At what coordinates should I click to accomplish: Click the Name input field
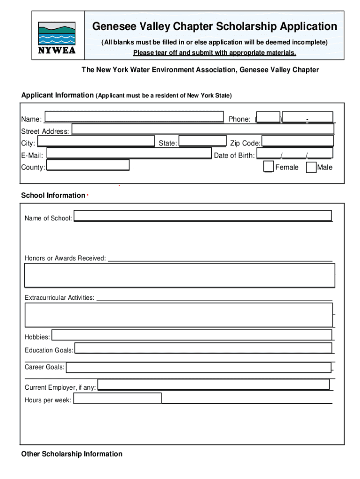pyautogui.click(x=134, y=117)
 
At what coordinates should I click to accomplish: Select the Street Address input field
pyautogui.click(x=203, y=130)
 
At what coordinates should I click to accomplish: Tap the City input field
pyautogui.click(x=95, y=141)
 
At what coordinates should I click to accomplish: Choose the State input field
pyautogui.click(x=202, y=141)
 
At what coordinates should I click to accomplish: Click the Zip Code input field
pyautogui.click(x=297, y=141)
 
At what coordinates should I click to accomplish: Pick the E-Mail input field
pyautogui.click(x=129, y=153)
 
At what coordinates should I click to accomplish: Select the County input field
pyautogui.click(x=88, y=165)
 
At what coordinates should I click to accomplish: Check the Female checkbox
pyautogui.click(x=268, y=167)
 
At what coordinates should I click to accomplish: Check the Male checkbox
pyautogui.click(x=311, y=167)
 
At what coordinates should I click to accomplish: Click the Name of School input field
pyautogui.click(x=203, y=216)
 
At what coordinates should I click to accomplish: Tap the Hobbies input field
pyautogui.click(x=192, y=335)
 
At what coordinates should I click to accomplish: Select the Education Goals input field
pyautogui.click(x=203, y=348)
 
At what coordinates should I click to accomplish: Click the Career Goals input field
pyautogui.click(x=199, y=367)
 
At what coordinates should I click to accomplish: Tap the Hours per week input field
pyautogui.click(x=118, y=398)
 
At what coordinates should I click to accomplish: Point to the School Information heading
pyautogui.click(x=53, y=196)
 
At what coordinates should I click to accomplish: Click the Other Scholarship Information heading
pyautogui.click(x=72, y=454)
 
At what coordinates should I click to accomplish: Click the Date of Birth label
pyautogui.click(x=234, y=155)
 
